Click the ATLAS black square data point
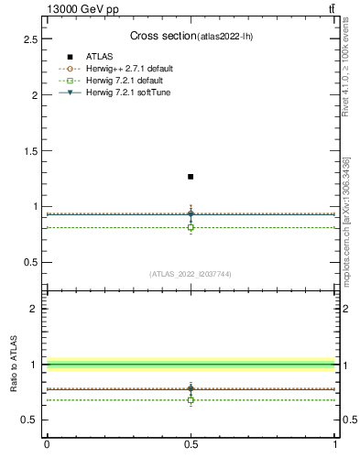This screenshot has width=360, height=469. click(x=191, y=176)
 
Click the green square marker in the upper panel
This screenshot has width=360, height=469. click(x=191, y=227)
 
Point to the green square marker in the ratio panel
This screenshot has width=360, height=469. click(x=191, y=399)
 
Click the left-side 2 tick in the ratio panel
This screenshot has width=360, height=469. click(x=36, y=309)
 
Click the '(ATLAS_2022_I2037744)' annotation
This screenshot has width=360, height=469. click(x=191, y=274)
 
